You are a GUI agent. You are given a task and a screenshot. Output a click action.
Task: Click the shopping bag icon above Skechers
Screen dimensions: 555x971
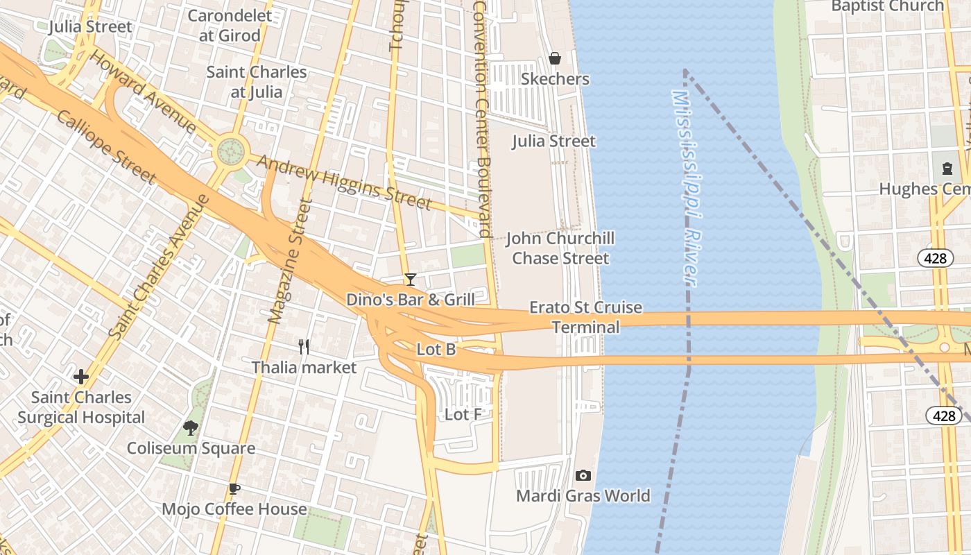click(555, 58)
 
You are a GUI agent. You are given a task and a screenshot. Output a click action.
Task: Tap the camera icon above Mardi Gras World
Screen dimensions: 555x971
click(583, 475)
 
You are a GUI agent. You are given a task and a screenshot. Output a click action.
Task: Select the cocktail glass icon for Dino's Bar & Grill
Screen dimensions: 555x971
click(411, 279)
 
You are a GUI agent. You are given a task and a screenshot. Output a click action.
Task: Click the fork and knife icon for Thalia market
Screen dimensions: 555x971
click(304, 346)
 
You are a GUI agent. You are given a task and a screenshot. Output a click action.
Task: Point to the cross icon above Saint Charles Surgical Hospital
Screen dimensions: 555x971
click(81, 377)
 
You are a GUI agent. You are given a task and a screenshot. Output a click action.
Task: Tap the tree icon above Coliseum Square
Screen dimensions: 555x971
click(191, 428)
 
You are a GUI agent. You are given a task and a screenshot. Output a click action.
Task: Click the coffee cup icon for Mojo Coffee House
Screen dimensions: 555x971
click(234, 488)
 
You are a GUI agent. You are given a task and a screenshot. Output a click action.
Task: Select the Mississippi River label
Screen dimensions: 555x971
click(684, 187)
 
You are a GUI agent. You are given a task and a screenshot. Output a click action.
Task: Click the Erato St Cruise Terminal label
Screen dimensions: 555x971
click(585, 317)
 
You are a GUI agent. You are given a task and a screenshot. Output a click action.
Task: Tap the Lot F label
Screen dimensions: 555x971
click(463, 415)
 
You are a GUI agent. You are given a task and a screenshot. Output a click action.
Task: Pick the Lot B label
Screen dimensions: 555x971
click(436, 350)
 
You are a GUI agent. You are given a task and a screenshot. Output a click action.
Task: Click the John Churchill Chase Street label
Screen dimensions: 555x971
click(560, 248)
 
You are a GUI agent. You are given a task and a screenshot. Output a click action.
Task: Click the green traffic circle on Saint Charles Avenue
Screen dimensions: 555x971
click(231, 150)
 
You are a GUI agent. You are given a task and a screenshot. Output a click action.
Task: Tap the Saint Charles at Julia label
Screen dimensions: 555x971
click(256, 82)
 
